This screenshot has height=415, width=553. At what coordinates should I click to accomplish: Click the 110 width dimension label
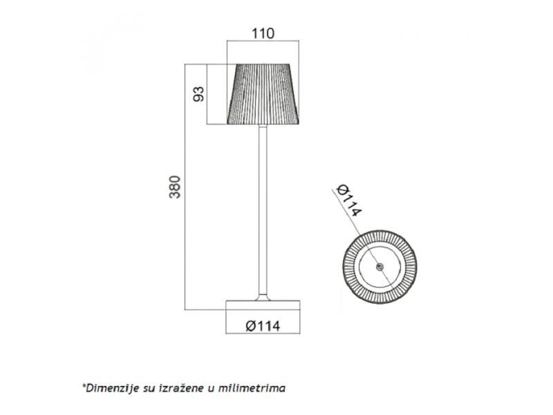pyautogui.click(x=263, y=33)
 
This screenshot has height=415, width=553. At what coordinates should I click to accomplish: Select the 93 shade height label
pyautogui.click(x=198, y=95)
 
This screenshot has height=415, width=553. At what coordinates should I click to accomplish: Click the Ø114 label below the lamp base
pyautogui.click(x=263, y=326)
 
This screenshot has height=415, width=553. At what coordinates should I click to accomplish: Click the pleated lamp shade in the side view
pyautogui.click(x=263, y=95)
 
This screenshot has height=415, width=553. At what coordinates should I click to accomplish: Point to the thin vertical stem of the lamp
pyautogui.click(x=263, y=207)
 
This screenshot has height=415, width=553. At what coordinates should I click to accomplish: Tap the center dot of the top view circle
pyautogui.click(x=377, y=267)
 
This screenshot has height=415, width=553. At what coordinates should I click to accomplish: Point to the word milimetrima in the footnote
pyautogui.click(x=252, y=388)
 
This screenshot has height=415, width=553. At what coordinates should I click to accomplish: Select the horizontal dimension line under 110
pyautogui.click(x=263, y=42)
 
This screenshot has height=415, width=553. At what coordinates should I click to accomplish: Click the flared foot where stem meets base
pyautogui.click(x=263, y=297)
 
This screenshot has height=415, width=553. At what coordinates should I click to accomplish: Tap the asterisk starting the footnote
pyautogui.click(x=84, y=386)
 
